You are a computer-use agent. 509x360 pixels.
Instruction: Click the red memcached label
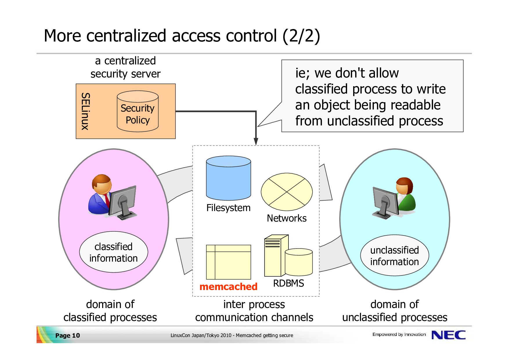click(x=228, y=287)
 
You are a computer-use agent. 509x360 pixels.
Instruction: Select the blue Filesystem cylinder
click(x=228, y=178)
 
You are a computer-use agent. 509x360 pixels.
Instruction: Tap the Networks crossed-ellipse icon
click(x=287, y=192)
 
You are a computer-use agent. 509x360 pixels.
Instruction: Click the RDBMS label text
click(x=288, y=283)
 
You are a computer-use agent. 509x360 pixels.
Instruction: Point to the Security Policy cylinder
click(x=138, y=111)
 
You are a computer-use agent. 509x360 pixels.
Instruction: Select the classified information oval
click(x=113, y=252)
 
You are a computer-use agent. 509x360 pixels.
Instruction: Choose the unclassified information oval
click(x=395, y=255)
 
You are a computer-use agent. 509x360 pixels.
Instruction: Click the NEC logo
click(x=449, y=335)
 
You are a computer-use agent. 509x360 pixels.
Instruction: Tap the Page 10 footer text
click(x=67, y=335)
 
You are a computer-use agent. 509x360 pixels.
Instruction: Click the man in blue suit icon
click(x=112, y=197)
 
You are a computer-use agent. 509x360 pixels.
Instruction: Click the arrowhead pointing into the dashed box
click(x=256, y=141)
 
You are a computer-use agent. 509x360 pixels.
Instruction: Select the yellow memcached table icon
click(x=228, y=262)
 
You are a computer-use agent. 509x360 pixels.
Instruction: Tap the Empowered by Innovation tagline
click(x=399, y=334)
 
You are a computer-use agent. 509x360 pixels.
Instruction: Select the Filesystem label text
click(x=228, y=208)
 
